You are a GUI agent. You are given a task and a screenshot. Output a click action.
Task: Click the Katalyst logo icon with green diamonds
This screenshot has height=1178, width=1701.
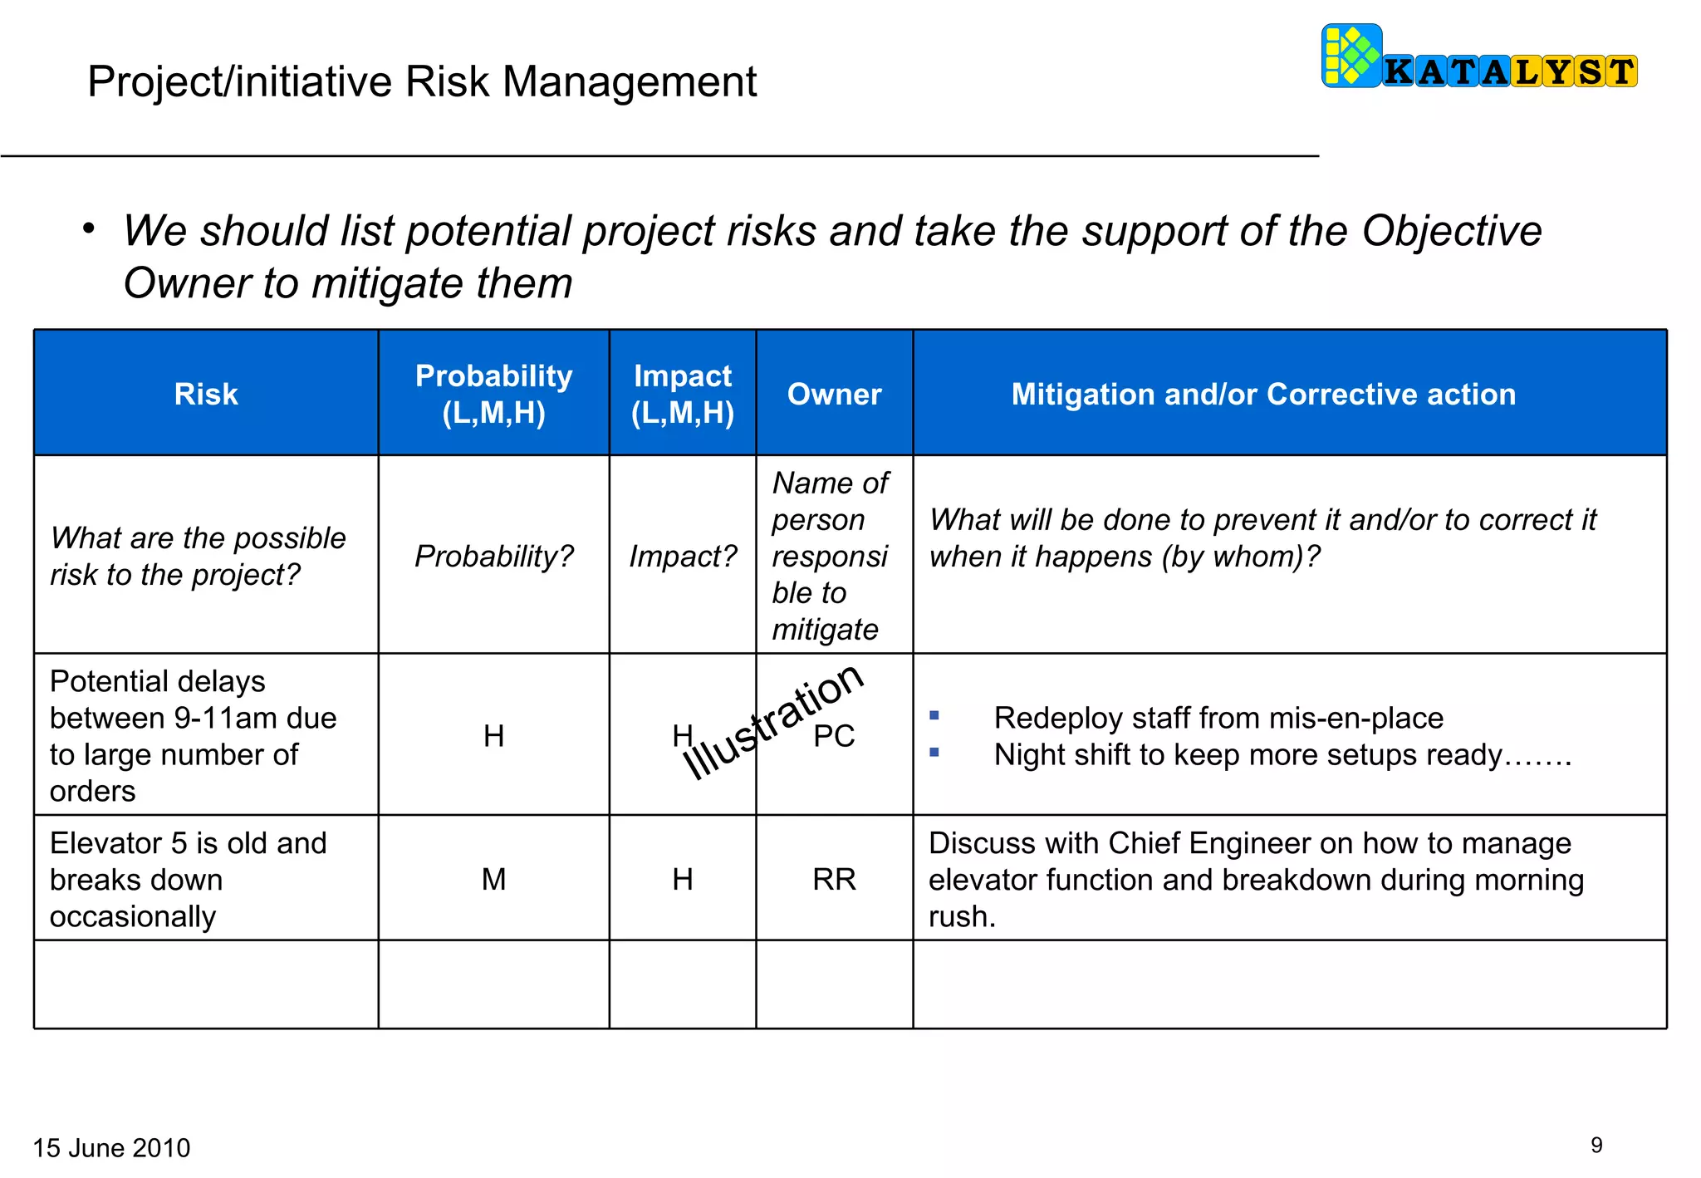click(x=1351, y=56)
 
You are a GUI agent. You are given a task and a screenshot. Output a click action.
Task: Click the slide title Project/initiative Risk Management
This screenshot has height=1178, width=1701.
click(x=421, y=81)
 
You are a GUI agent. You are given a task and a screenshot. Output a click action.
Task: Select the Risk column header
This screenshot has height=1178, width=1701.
click(x=206, y=394)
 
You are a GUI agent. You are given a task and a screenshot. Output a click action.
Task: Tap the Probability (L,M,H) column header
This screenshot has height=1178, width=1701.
click(x=493, y=394)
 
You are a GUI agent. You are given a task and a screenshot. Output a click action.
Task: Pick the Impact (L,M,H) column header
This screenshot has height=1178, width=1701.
click(x=682, y=394)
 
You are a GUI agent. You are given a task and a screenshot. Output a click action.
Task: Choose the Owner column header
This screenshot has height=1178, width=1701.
click(x=834, y=394)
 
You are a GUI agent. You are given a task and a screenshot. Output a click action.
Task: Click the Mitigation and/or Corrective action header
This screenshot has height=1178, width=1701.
click(x=1263, y=394)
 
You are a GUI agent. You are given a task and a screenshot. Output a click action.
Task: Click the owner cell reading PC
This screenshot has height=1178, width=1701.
click(x=834, y=736)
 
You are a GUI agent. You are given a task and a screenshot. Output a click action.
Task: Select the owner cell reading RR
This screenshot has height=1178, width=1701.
click(x=834, y=879)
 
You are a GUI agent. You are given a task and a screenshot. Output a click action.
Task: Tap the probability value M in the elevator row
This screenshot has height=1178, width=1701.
click(x=493, y=879)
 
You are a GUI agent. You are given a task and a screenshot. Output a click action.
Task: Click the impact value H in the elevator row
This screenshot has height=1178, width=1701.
click(x=682, y=879)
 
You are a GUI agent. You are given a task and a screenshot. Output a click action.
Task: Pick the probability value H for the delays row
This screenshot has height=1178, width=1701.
click(x=493, y=736)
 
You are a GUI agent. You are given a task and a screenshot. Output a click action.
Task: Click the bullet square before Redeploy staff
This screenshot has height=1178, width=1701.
click(x=934, y=715)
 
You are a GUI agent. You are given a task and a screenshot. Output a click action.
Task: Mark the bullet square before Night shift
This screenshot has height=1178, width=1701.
click(x=934, y=753)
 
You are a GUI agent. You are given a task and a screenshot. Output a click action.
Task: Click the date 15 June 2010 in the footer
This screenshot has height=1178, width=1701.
click(x=111, y=1147)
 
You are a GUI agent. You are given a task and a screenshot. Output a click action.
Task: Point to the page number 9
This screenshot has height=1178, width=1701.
click(x=1596, y=1145)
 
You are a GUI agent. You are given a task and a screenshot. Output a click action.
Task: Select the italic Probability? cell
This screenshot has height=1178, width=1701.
click(x=493, y=556)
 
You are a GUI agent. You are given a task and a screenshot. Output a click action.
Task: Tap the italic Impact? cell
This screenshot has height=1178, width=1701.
click(x=682, y=556)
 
